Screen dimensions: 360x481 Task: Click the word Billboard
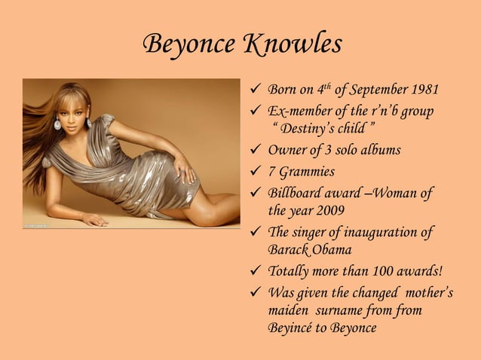click(296, 193)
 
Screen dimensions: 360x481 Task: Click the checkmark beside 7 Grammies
click(256, 171)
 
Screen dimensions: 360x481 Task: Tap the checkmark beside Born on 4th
click(256, 91)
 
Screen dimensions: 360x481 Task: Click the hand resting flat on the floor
click(93, 219)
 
